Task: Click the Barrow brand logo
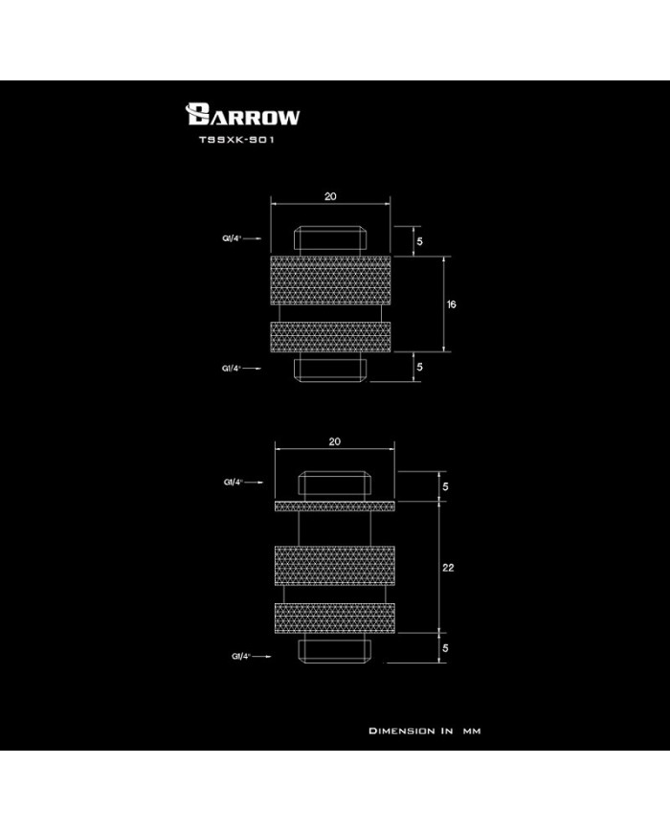(244, 117)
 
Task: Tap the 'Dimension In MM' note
(424, 731)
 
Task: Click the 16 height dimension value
(451, 304)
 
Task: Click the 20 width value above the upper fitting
(330, 196)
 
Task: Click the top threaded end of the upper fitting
(330, 241)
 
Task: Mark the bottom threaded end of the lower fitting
(333, 651)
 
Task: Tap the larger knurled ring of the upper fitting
(330, 281)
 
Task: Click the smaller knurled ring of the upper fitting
(330, 338)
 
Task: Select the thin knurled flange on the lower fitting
(333, 505)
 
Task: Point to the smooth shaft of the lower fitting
(333, 527)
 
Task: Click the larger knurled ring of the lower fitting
(333, 567)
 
